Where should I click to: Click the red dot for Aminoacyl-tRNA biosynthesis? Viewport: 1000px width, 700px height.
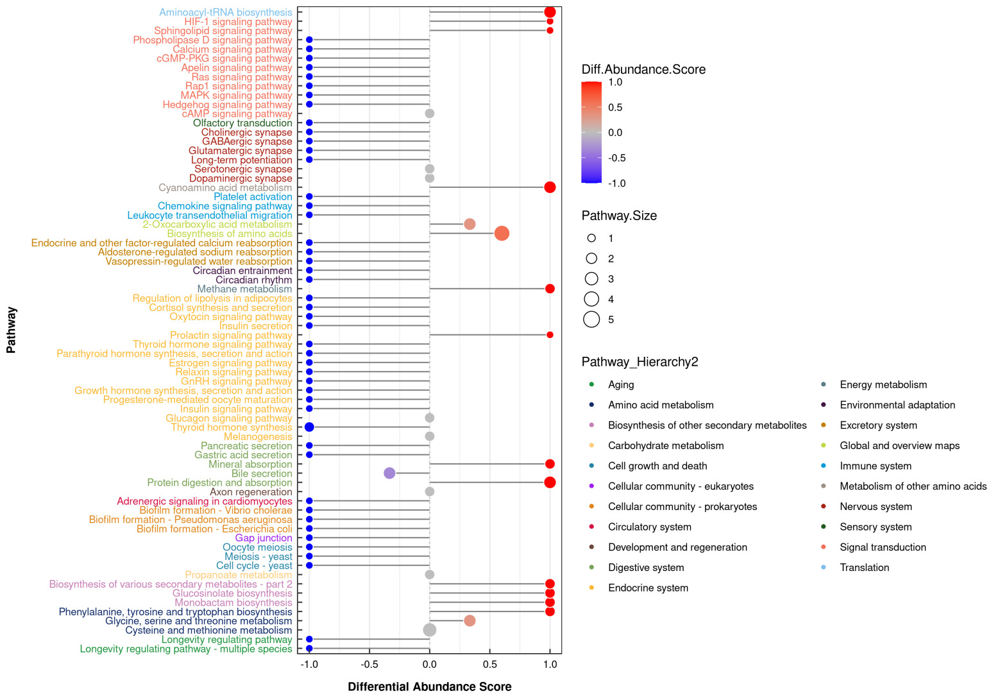(x=550, y=12)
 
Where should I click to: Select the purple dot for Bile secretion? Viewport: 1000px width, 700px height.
(x=389, y=474)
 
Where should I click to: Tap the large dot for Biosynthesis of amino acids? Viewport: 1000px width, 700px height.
(x=502, y=234)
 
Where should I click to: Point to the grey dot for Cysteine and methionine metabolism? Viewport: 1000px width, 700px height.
(x=430, y=630)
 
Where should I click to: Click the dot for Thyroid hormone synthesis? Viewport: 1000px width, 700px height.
(x=309, y=427)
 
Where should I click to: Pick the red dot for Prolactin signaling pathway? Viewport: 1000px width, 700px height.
(x=550, y=335)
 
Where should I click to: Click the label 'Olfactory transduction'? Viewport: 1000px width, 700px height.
(x=242, y=123)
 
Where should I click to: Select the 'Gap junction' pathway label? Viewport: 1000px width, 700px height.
(x=264, y=538)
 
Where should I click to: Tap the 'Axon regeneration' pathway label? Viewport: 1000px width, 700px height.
(x=251, y=492)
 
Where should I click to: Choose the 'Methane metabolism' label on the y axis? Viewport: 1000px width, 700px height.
(x=244, y=289)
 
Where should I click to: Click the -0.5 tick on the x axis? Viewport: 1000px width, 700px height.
(x=369, y=665)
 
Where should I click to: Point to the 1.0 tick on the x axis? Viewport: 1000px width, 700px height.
(x=550, y=665)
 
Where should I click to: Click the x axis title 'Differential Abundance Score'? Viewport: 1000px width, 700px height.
(x=430, y=687)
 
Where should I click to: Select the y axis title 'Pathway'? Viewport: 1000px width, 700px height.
(x=12, y=330)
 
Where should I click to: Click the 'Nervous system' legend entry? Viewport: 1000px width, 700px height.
(x=876, y=507)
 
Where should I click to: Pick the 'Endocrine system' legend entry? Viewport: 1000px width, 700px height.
(x=648, y=588)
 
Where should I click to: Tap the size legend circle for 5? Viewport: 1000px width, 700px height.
(x=591, y=320)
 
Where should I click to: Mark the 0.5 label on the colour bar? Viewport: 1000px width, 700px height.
(x=615, y=108)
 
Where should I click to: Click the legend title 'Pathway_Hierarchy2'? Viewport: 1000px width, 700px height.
(x=640, y=362)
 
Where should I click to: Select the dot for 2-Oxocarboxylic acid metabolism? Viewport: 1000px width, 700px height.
(x=470, y=224)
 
